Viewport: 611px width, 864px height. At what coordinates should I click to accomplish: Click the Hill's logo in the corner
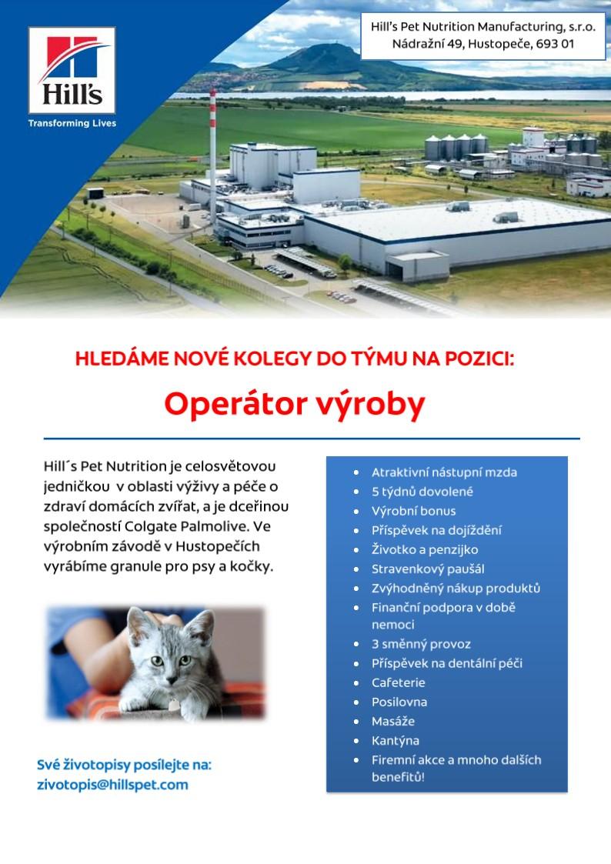(72, 70)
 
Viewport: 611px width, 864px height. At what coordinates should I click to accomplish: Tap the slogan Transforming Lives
(72, 123)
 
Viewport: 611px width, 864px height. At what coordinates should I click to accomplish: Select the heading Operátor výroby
(295, 405)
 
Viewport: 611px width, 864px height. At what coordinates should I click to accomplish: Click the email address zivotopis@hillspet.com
(112, 785)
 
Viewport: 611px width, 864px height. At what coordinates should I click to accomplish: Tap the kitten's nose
(169, 672)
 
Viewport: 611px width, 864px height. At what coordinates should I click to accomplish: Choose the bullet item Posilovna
(399, 702)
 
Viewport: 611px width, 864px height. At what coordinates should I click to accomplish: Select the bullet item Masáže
(393, 722)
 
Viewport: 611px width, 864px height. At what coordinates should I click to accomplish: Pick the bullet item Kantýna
(396, 741)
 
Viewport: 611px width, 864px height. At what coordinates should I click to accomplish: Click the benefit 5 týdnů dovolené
(422, 492)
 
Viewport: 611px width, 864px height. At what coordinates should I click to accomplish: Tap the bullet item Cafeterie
(399, 682)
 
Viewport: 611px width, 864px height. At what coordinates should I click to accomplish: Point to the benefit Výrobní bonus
(414, 511)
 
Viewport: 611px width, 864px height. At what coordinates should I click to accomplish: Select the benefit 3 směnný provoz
(422, 644)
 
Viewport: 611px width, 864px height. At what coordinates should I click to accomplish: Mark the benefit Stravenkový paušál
(428, 569)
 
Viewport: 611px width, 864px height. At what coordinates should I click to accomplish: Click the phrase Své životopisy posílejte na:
(124, 765)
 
